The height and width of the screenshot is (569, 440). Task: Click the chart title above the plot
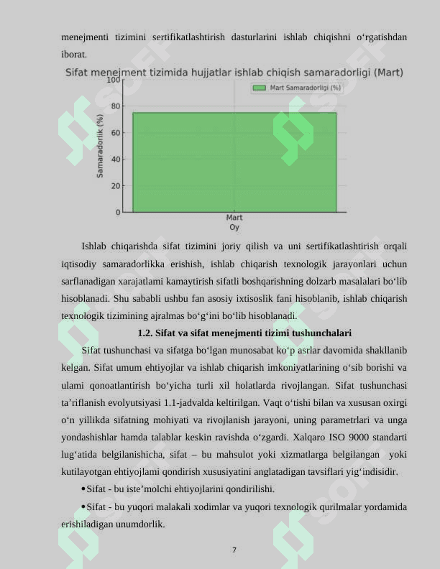[234, 73]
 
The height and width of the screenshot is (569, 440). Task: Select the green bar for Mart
[234, 162]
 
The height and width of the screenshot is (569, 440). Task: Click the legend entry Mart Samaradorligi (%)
[296, 88]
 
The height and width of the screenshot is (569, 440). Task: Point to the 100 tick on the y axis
[114, 80]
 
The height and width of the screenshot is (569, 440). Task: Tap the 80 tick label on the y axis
[116, 106]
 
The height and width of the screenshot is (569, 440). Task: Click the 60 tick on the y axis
[116, 133]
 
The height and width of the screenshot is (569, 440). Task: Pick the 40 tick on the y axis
[116, 159]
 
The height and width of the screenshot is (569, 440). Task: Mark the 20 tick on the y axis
[116, 185]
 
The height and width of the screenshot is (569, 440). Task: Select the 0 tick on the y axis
[118, 212]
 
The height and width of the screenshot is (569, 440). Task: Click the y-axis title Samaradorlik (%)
[100, 146]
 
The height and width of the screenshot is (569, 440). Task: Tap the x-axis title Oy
[234, 227]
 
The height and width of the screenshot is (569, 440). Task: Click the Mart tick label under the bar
[234, 218]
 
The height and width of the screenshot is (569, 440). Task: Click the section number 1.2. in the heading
[145, 333]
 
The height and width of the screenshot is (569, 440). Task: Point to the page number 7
[234, 550]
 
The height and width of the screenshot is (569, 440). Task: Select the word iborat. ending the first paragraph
[74, 54]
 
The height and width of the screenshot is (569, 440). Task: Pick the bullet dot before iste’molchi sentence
[85, 490]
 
